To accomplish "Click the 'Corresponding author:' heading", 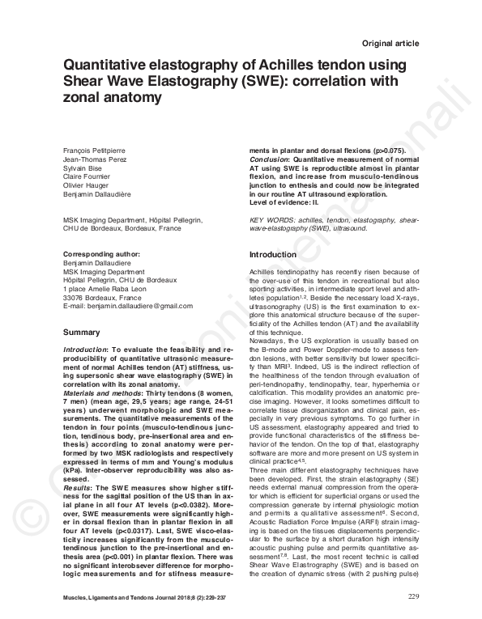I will (x=100, y=255).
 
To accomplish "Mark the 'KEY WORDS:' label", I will (x=269, y=221).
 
